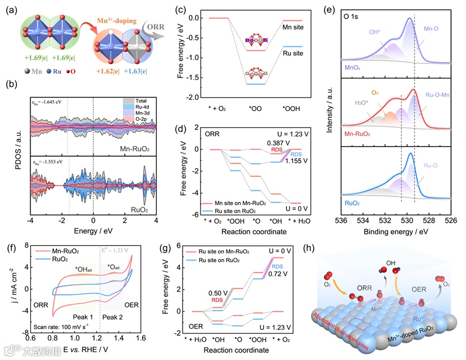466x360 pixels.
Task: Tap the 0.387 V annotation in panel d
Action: coord(264,143)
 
